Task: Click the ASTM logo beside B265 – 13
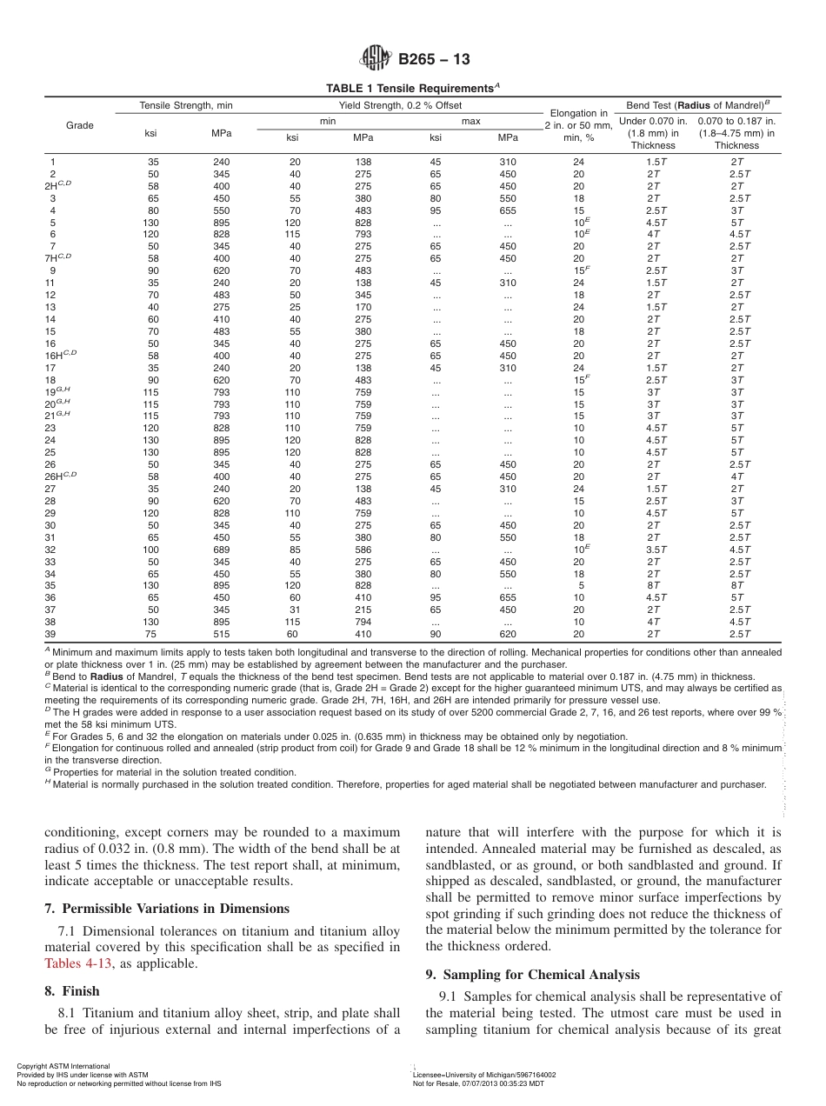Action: (376, 60)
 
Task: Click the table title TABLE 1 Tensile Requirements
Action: (412, 89)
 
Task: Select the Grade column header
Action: (80, 126)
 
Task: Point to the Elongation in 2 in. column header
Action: (578, 125)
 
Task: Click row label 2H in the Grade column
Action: (59, 186)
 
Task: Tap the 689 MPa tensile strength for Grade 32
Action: (222, 550)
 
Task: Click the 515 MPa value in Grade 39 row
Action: (222, 635)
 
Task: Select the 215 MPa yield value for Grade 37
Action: (363, 610)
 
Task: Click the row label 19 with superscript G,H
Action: (57, 393)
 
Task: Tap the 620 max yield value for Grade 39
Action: (508, 635)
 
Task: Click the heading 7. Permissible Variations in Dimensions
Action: (166, 909)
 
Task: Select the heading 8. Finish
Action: (71, 991)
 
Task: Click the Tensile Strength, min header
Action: (186, 106)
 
